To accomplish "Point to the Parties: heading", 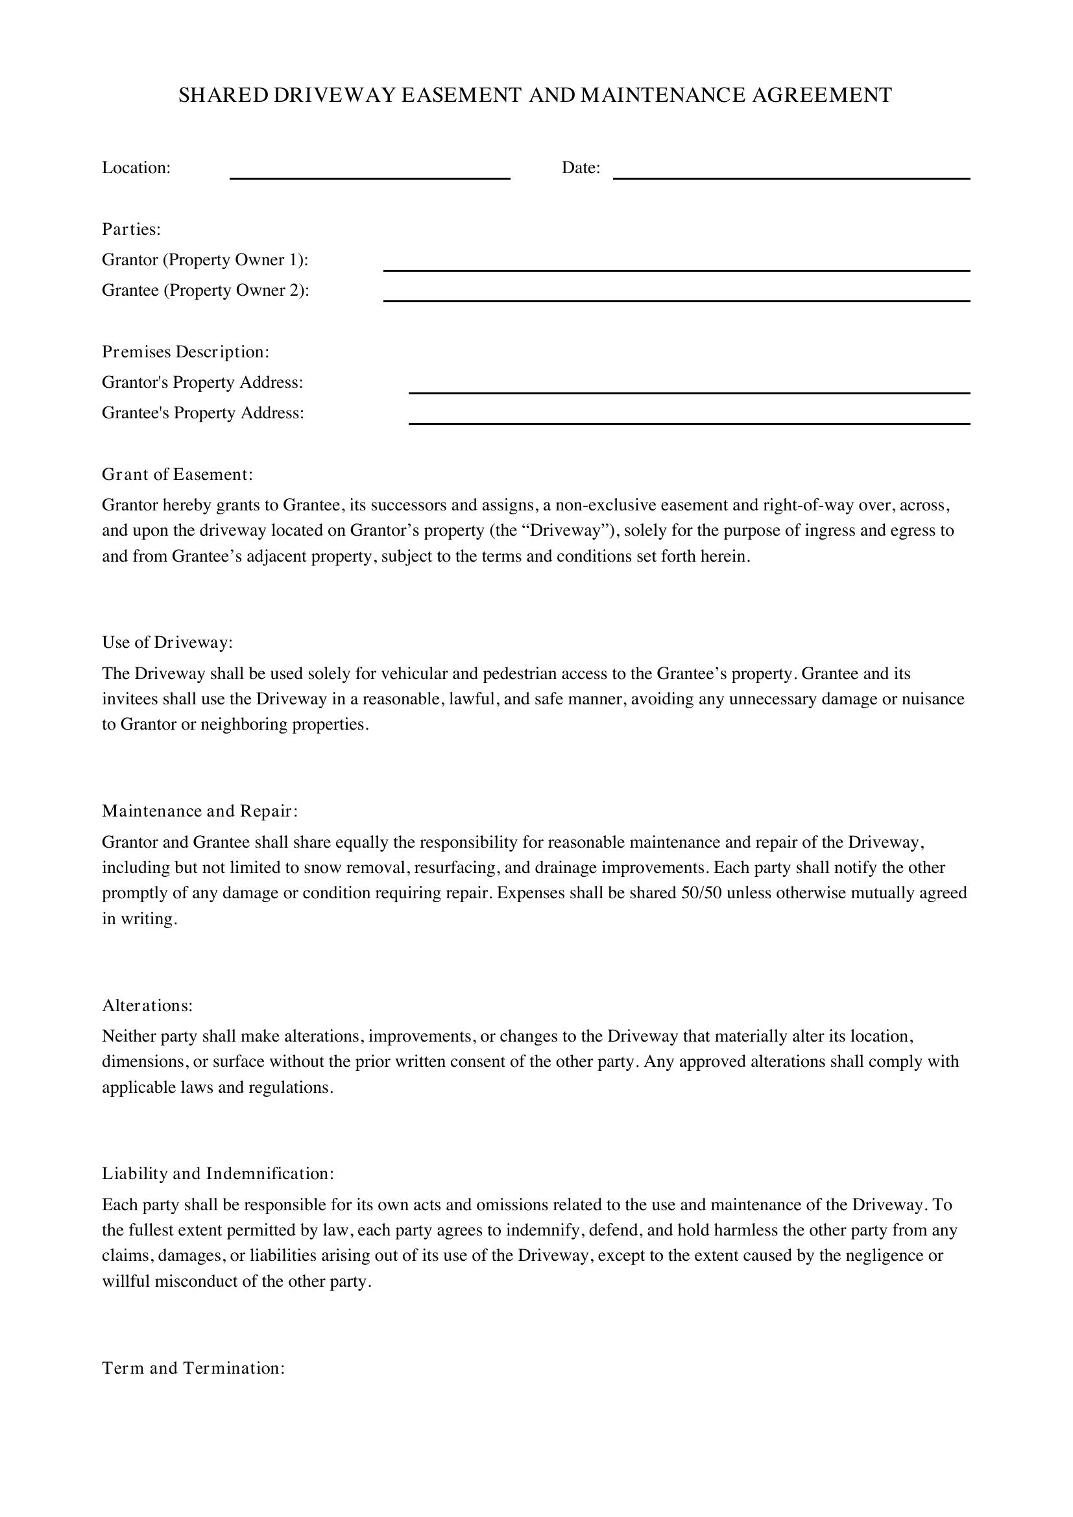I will [x=132, y=229].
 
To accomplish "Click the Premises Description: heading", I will [x=186, y=352].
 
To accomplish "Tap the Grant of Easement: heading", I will [x=178, y=474].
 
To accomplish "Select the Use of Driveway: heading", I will [x=167, y=642].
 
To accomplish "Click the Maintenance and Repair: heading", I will [x=200, y=811].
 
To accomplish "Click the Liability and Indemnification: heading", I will [x=218, y=1173].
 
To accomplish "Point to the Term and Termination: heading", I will [x=193, y=1368].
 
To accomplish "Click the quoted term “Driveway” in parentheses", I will [x=565, y=531].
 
